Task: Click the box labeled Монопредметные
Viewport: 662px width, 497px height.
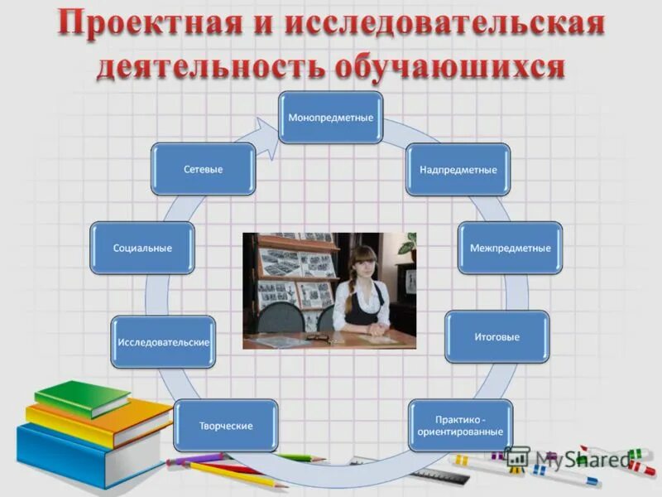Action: tap(330, 118)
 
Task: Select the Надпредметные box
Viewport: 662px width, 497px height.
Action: tap(458, 170)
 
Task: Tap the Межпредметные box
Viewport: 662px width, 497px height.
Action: tap(510, 248)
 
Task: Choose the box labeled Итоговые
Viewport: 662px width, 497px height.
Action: tap(496, 337)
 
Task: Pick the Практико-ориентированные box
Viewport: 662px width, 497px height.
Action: tap(460, 426)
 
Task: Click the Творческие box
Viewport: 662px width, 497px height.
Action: tap(225, 426)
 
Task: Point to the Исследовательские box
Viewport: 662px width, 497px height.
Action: tap(163, 342)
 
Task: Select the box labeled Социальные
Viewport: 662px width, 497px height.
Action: tap(142, 248)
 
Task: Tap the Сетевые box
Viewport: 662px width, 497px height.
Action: tap(203, 169)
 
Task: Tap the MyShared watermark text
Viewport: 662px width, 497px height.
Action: tap(579, 458)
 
